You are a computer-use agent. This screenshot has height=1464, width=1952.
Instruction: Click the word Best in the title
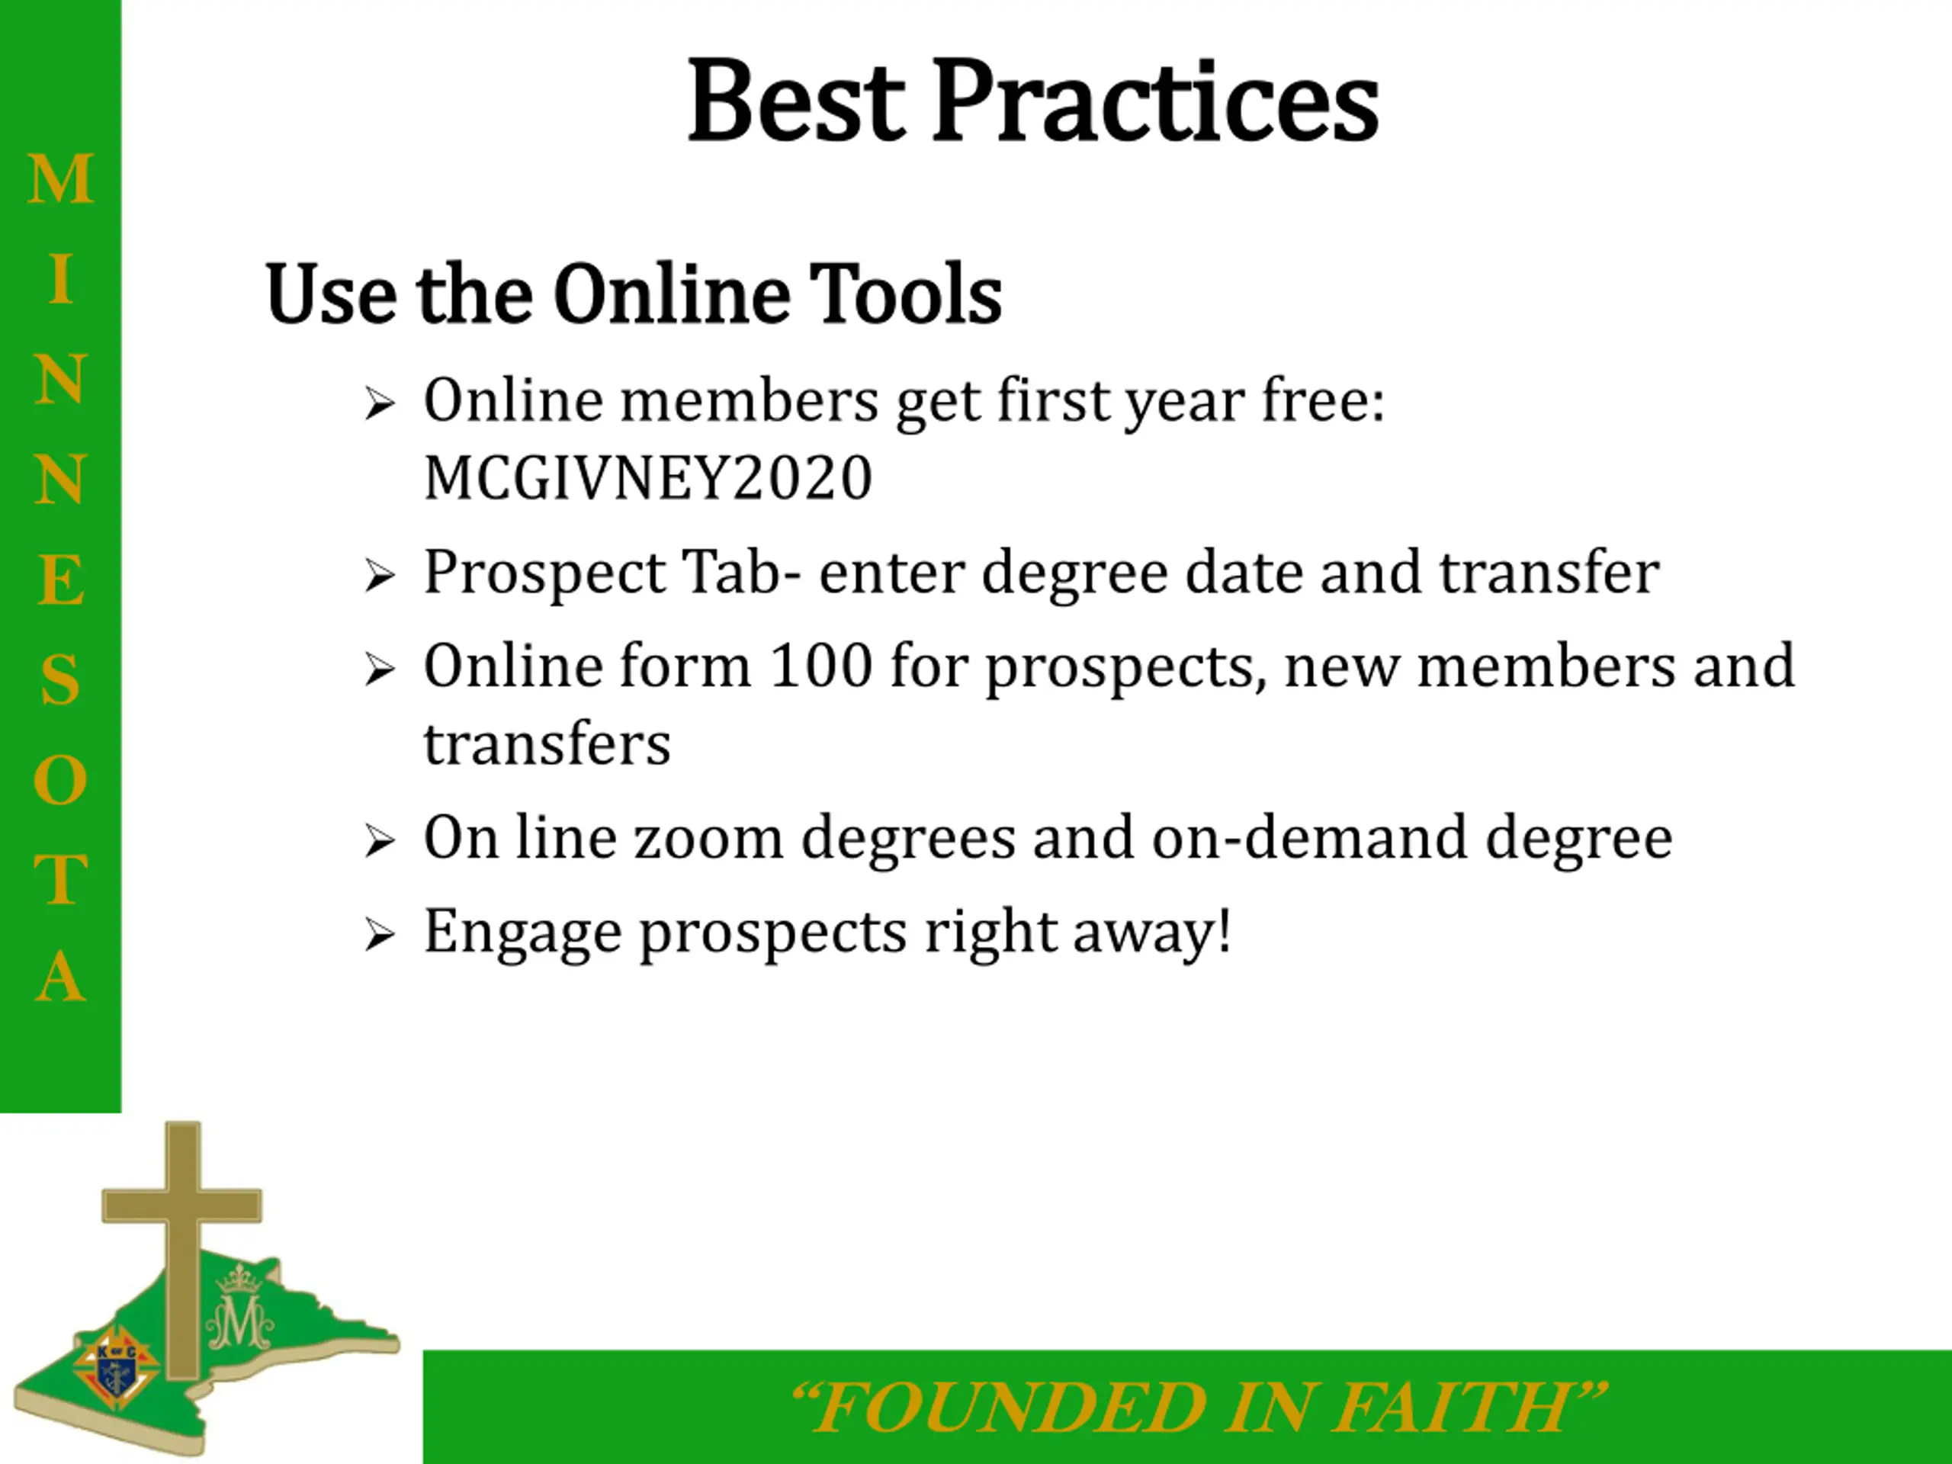(796, 100)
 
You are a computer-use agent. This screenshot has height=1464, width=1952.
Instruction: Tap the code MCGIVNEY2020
(647, 477)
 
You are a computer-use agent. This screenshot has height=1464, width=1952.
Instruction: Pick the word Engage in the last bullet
(522, 933)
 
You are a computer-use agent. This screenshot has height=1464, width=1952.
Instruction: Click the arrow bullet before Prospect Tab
(380, 577)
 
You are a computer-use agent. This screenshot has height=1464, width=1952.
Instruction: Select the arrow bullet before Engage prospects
(380, 936)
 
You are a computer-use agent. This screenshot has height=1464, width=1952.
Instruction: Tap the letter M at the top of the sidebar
(60, 179)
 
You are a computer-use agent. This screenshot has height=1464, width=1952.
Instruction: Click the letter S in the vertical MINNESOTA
(60, 679)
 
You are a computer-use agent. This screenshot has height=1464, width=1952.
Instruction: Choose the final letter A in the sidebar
(61, 977)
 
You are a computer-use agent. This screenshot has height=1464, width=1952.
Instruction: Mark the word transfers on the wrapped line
(547, 744)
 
